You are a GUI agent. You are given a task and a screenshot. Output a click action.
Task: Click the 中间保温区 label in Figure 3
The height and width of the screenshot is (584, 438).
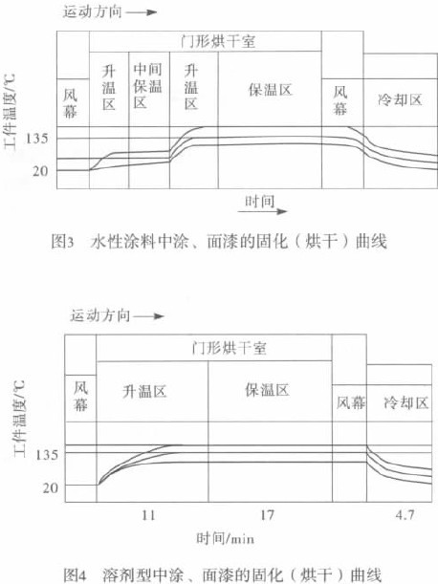tap(147, 85)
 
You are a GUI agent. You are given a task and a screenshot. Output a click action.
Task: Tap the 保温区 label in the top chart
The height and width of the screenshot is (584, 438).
tap(270, 90)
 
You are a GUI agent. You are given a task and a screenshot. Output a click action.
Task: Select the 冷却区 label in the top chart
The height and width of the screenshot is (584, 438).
tap(400, 99)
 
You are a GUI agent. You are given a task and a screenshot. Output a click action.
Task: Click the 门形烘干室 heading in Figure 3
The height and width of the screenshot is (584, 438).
tap(218, 41)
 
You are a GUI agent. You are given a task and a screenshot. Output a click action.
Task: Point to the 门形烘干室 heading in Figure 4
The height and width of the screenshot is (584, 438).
tap(230, 348)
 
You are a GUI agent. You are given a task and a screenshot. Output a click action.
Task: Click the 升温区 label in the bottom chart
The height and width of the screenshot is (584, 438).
tap(144, 392)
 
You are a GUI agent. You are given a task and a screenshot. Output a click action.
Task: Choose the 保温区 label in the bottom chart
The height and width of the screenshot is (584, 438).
tap(267, 390)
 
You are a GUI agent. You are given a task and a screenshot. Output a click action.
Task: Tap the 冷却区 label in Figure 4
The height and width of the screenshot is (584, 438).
tap(405, 403)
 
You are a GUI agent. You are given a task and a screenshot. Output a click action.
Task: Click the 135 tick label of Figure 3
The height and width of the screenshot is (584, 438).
tap(36, 139)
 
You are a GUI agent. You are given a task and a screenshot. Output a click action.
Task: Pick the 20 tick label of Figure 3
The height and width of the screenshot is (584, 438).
tap(40, 171)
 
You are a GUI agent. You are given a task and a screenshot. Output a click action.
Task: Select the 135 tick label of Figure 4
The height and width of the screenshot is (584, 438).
tap(47, 455)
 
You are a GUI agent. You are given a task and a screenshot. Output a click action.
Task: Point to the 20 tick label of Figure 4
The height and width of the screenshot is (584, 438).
tap(51, 487)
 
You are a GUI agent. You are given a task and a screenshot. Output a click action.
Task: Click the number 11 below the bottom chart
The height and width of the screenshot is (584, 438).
tap(148, 515)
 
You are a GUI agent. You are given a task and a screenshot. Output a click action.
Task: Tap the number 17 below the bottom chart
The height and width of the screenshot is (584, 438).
tap(267, 515)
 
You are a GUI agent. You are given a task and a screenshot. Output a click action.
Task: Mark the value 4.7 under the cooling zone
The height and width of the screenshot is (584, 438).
tap(405, 515)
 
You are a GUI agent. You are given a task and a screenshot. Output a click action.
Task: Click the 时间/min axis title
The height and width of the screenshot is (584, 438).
tap(225, 538)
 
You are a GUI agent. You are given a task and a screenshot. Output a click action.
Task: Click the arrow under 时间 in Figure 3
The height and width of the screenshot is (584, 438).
tap(263, 211)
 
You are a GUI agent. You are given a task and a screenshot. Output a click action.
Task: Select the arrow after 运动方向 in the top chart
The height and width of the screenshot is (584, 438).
tap(142, 12)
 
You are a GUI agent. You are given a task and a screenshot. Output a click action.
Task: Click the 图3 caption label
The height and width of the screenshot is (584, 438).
tap(62, 242)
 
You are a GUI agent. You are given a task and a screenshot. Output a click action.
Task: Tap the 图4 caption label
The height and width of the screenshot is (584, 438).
tap(75, 574)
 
